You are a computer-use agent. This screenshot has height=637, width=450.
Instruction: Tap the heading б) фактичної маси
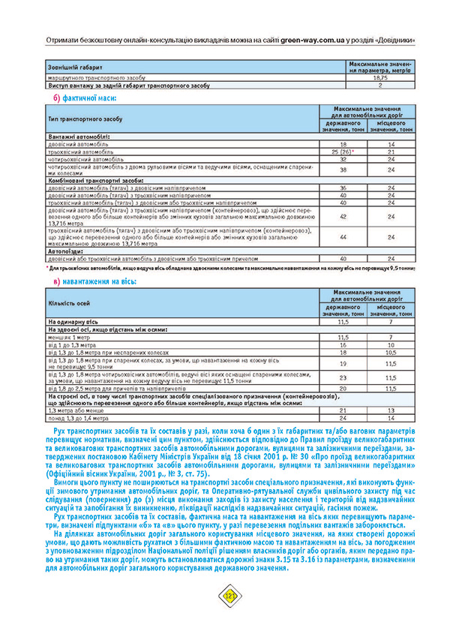click(x=84, y=98)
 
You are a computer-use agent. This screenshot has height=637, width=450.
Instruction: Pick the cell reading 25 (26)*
click(x=343, y=152)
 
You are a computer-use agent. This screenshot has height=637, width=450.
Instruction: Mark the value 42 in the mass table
click(x=343, y=216)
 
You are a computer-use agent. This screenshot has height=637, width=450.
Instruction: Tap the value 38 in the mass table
click(x=343, y=170)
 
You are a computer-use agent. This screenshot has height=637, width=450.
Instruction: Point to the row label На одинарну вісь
click(x=76, y=320)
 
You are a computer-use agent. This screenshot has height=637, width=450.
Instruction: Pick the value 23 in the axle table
click(x=343, y=377)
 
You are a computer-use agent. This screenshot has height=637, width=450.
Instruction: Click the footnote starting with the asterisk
click(x=225, y=267)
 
